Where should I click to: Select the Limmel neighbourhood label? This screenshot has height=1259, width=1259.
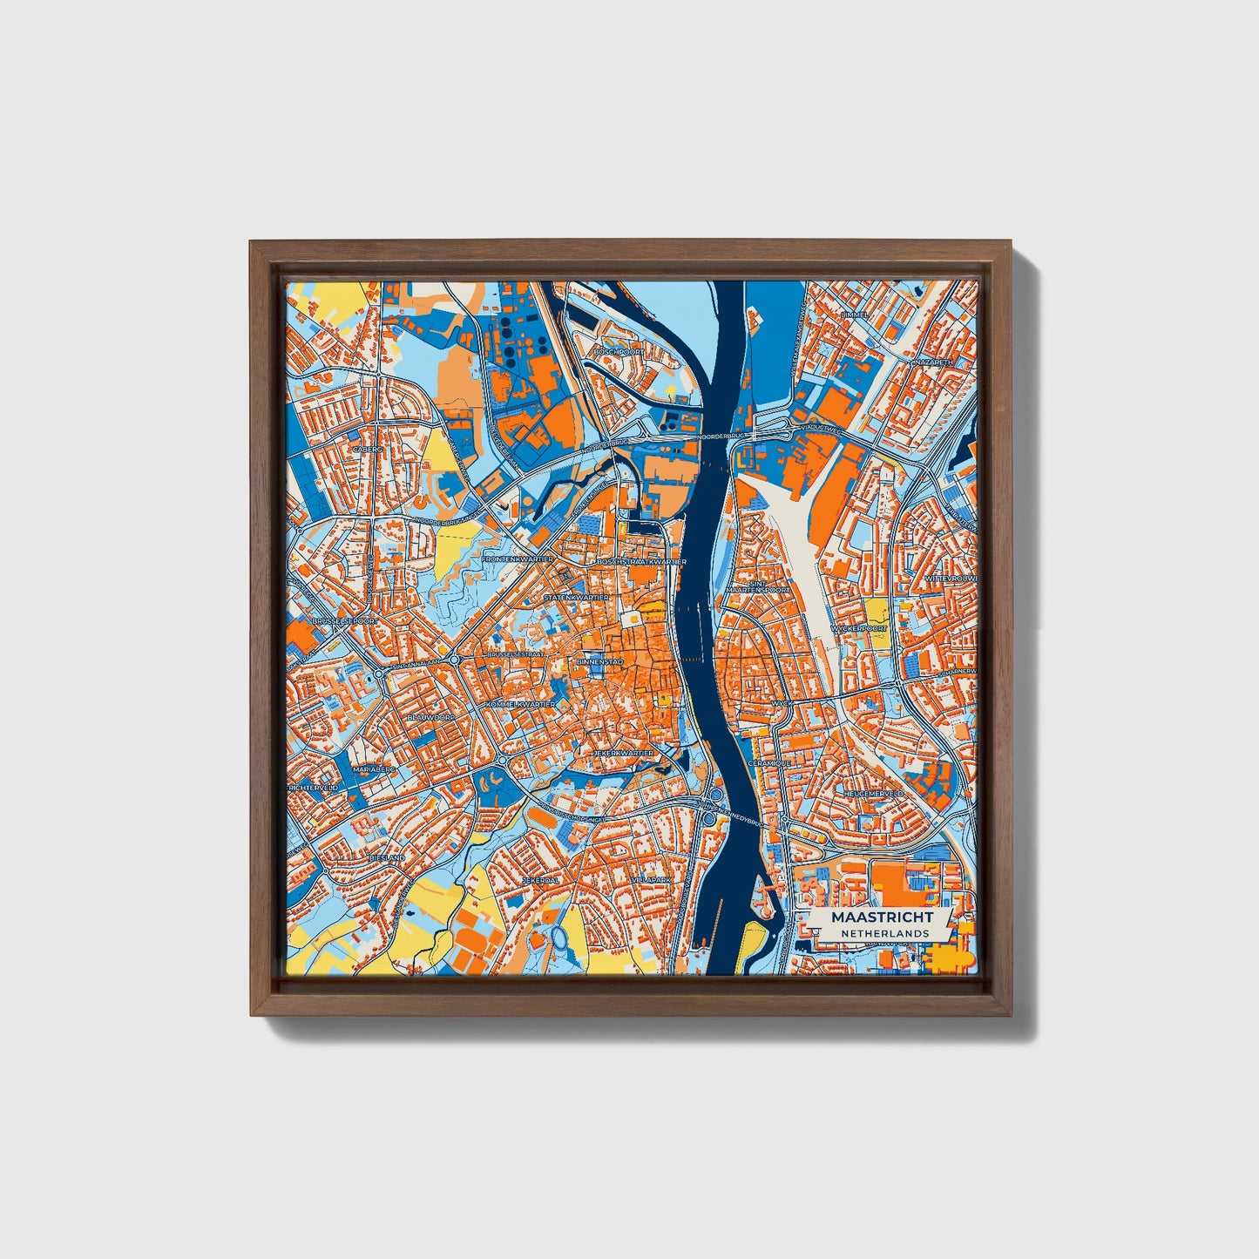pyautogui.click(x=855, y=315)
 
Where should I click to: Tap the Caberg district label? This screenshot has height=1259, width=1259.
pyautogui.click(x=368, y=450)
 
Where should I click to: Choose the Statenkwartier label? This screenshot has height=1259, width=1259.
pyautogui.click(x=576, y=599)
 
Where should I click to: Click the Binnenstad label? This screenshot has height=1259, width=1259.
pyautogui.click(x=596, y=663)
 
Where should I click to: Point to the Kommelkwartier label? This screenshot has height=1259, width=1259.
pyautogui.click(x=522, y=703)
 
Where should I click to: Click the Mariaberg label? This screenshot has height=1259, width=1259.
pyautogui.click(x=375, y=770)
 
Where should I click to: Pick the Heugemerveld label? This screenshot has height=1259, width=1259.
pyautogui.click(x=874, y=794)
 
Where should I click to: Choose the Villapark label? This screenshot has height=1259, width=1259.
pyautogui.click(x=651, y=881)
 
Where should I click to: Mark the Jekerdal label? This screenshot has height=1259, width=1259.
pyautogui.click(x=540, y=881)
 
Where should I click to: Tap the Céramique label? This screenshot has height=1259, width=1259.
pyautogui.click(x=769, y=762)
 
